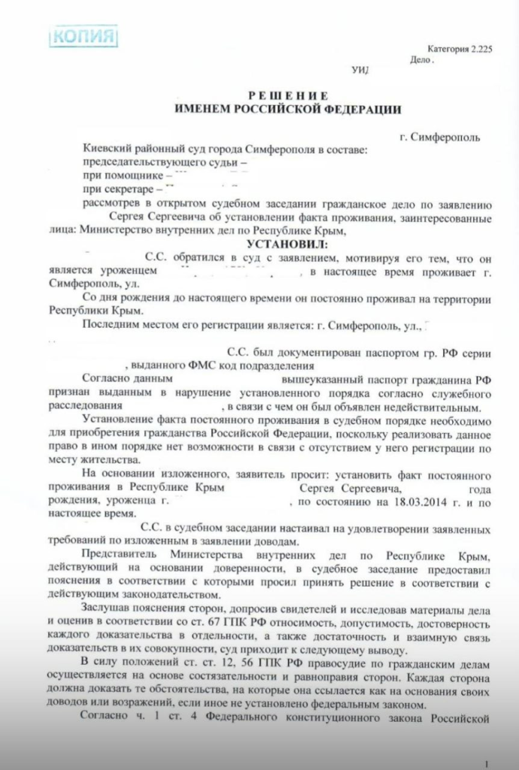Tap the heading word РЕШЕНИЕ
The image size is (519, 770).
[x=288, y=95]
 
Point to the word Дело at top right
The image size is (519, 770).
[x=421, y=59]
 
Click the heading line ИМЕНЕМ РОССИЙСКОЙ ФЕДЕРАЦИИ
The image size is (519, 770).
[x=287, y=110]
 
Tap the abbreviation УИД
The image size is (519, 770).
[x=361, y=71]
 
